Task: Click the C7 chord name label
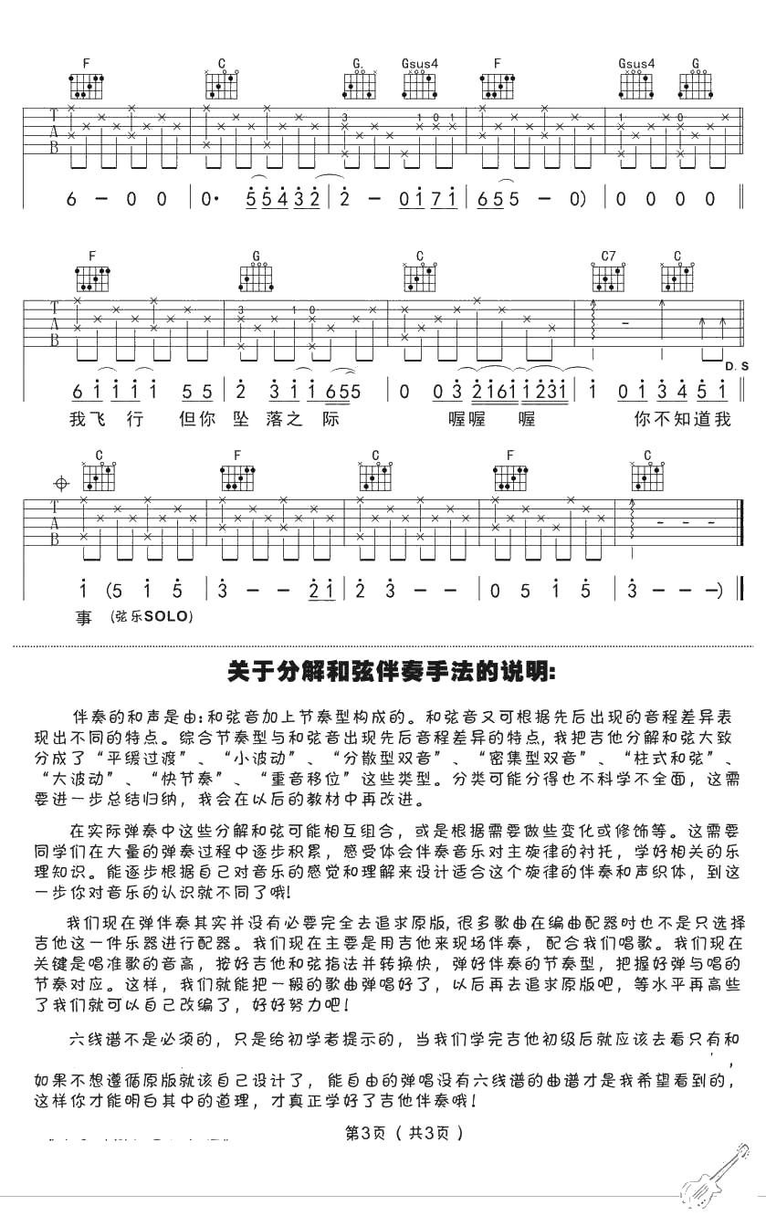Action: point(608,256)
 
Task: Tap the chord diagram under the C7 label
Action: point(609,276)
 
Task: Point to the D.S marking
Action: point(737,366)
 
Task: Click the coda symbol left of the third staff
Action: point(62,482)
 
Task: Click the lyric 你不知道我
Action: point(681,420)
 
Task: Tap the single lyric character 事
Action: point(84,618)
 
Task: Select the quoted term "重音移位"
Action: point(303,780)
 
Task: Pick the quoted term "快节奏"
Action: point(191,780)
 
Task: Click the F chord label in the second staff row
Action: point(92,256)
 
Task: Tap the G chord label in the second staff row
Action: point(257,256)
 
